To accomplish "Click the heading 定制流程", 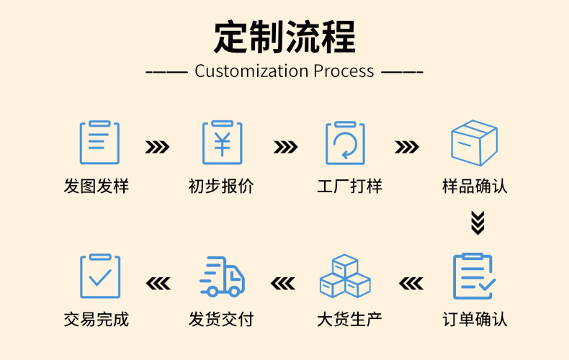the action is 284,37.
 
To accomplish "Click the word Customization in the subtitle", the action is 251,71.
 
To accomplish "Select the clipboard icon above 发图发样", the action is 99,143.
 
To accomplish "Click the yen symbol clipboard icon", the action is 222,143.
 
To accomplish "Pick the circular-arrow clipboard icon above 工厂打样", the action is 345,143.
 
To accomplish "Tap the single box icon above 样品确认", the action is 474,143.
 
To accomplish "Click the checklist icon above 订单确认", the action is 474,276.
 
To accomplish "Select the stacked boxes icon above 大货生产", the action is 345,276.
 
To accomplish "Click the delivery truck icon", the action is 222,276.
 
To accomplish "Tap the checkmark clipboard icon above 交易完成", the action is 99,276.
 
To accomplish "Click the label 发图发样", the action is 97,186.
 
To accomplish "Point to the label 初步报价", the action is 221,186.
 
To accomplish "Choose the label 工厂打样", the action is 349,186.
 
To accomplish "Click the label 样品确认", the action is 475,186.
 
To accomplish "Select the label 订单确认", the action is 475,319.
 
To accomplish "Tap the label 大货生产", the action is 349,319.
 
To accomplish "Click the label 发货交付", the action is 221,319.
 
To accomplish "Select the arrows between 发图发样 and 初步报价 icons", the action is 158,148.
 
